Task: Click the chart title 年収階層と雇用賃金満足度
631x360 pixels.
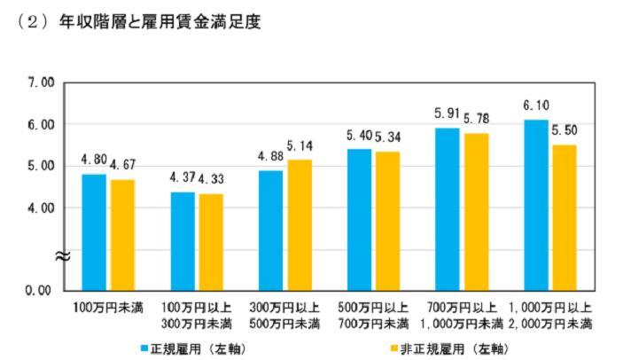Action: click(x=160, y=20)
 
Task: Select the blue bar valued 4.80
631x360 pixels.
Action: click(x=94, y=231)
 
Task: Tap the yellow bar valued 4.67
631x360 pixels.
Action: click(x=122, y=234)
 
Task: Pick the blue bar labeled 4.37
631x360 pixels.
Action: click(x=183, y=240)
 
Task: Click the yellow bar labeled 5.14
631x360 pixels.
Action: click(x=300, y=224)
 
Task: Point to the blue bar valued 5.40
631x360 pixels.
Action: click(x=359, y=219)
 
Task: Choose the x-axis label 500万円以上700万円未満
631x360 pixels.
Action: click(x=373, y=314)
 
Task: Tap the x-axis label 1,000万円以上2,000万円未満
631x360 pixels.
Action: click(x=550, y=314)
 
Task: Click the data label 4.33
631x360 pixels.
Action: click(x=212, y=180)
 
